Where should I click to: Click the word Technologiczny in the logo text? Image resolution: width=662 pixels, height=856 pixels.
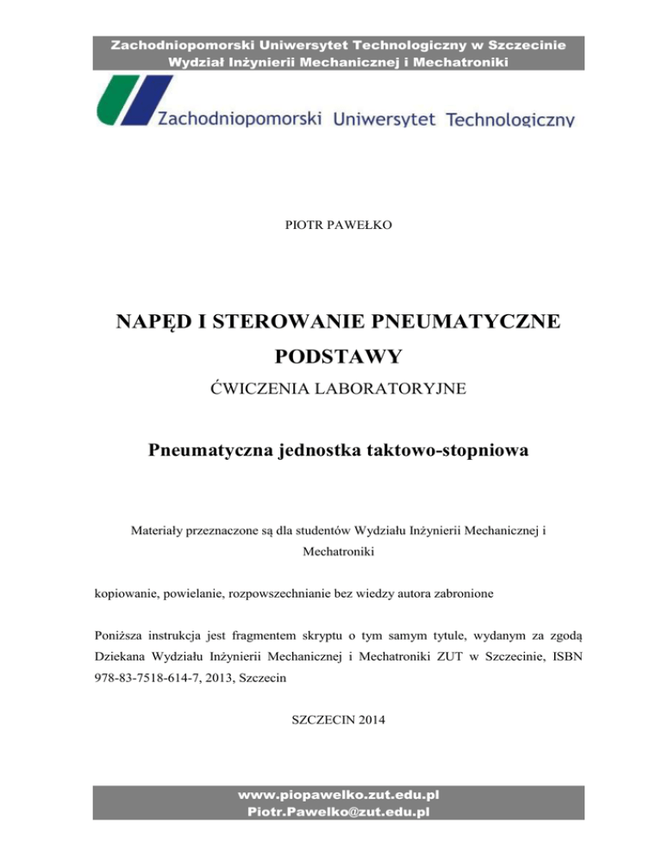point(510,120)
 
